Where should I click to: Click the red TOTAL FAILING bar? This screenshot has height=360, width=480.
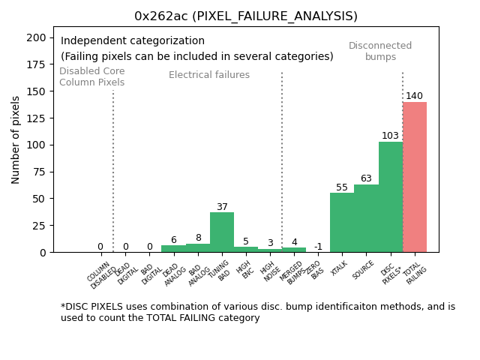pos(414,177)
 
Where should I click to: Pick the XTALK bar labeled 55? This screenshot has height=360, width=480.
pos(342,222)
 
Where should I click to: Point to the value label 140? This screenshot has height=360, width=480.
pos(414,96)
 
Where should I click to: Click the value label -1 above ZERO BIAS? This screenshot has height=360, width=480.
pos(318,247)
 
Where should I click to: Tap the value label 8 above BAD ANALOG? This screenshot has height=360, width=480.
pos(198,238)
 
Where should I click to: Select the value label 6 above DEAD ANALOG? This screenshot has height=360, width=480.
pos(173,240)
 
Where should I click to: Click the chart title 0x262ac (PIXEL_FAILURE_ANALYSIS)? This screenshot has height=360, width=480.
pos(246,16)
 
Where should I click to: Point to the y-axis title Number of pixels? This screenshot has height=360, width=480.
pos(16,139)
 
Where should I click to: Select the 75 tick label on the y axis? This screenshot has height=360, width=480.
pos(40,172)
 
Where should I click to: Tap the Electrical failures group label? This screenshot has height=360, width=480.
pos(209,75)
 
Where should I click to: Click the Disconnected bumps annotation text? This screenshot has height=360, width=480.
pos(380,51)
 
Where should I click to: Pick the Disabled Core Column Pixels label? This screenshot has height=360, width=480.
pos(92,76)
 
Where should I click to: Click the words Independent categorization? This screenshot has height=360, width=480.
pos(133,41)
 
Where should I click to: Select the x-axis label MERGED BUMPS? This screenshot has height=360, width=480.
pos(291,271)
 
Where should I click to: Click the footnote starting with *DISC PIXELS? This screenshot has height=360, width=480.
pos(257,312)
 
